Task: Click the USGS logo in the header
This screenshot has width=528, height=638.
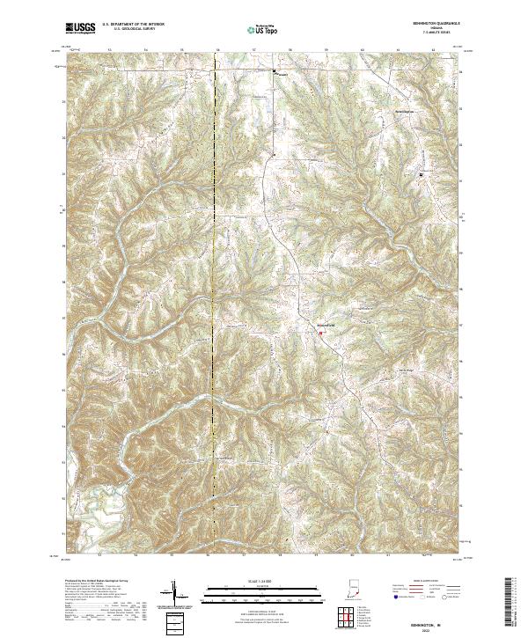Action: [x=81, y=29]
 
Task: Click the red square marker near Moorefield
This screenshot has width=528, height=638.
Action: [x=321, y=333]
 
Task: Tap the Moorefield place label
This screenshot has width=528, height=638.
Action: [x=326, y=326]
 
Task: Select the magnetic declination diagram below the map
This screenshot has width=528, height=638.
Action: [x=172, y=594]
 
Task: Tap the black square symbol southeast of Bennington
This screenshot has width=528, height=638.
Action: [x=420, y=174]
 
